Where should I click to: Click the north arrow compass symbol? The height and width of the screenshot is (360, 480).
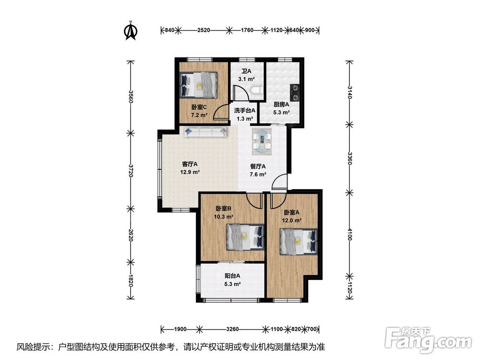point(131,30)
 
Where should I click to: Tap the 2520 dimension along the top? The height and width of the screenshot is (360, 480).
point(204,30)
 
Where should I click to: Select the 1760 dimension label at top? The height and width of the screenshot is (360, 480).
point(247,30)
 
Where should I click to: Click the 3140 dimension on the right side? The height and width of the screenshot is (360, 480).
point(349,93)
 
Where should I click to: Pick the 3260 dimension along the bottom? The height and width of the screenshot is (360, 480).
point(232,329)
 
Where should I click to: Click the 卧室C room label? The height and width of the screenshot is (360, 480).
point(199,107)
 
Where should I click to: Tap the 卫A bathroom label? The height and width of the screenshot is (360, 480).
point(246,71)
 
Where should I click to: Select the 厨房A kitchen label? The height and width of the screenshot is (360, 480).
point(281,104)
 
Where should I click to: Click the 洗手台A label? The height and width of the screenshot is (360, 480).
point(245,110)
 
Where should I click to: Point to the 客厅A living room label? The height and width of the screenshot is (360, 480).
point(190,164)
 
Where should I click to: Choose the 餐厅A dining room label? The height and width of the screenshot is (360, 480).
point(258,167)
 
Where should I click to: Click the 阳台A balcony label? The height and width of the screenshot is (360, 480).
point(232,276)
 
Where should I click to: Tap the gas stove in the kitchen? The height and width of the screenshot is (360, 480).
point(295,93)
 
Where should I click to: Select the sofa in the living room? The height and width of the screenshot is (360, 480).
point(206,132)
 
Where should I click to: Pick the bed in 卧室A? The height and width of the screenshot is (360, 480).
point(299,242)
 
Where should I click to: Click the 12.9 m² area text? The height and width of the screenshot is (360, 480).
point(190,172)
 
